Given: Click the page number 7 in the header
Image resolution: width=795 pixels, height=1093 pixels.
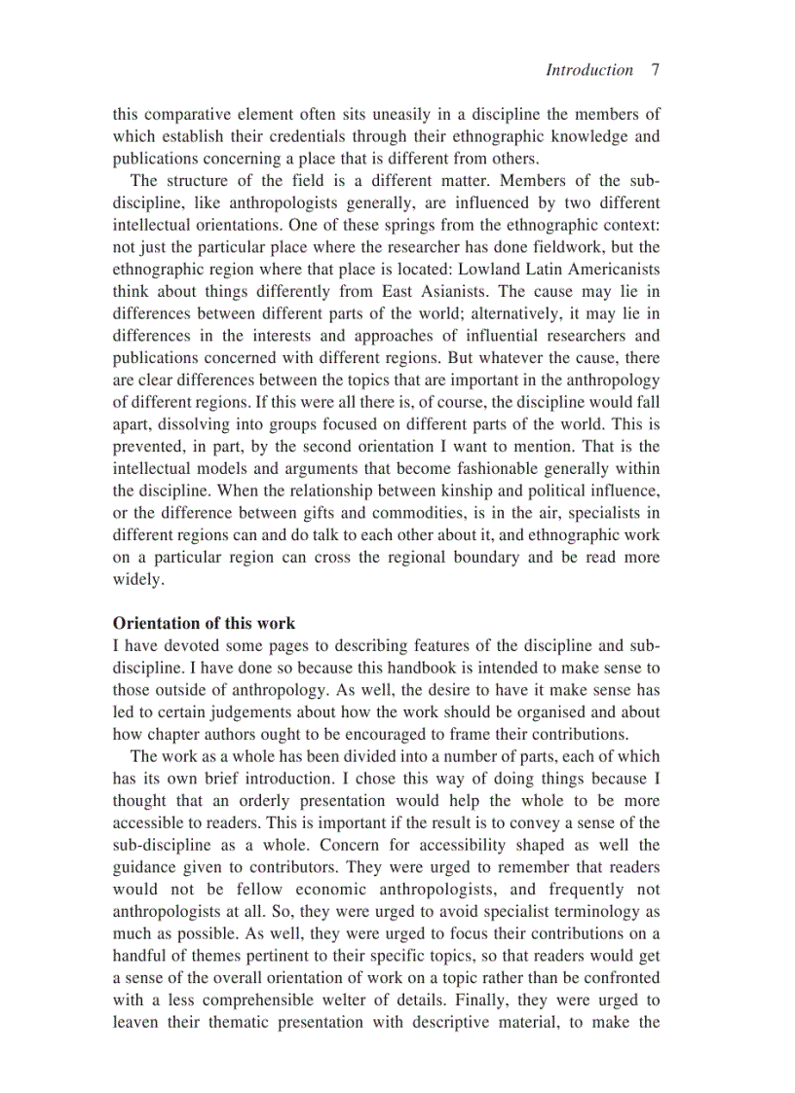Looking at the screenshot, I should (x=655, y=70).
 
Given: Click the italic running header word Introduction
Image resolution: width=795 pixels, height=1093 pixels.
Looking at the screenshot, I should (x=588, y=70).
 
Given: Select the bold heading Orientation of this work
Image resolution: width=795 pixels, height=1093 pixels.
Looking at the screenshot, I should (x=204, y=623).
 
